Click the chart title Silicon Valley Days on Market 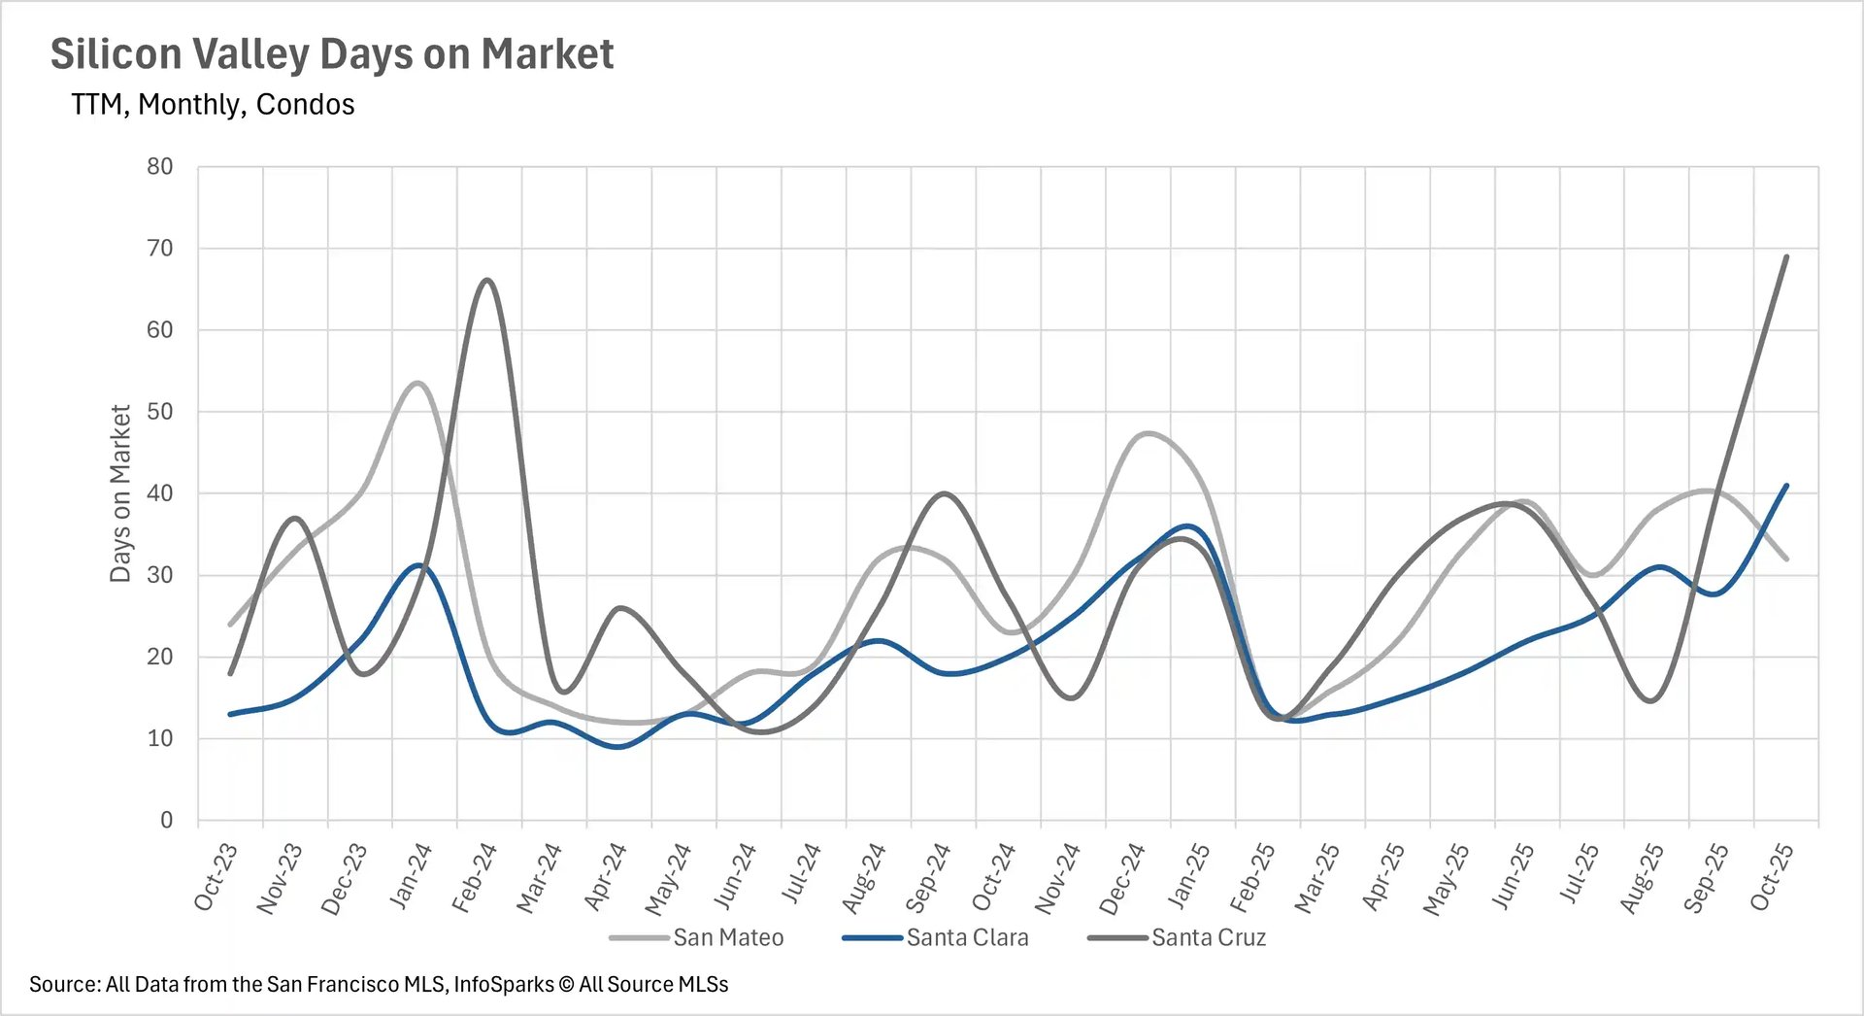pyautogui.click(x=331, y=54)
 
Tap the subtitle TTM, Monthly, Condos pyautogui.click(x=213, y=105)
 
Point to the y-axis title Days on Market pyautogui.click(x=120, y=493)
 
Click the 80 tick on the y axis pyautogui.click(x=160, y=167)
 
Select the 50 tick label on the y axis pyautogui.click(x=160, y=412)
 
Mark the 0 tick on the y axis pyautogui.click(x=166, y=821)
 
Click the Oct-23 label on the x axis pyautogui.click(x=216, y=877)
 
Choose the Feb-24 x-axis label pyautogui.click(x=475, y=877)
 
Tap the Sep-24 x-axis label pyautogui.click(x=928, y=877)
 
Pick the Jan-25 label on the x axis pyautogui.click(x=1188, y=877)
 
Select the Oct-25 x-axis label pyautogui.click(x=1772, y=877)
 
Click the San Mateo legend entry pyautogui.click(x=727, y=938)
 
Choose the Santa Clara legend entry pyautogui.click(x=967, y=938)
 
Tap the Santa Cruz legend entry pyautogui.click(x=1208, y=938)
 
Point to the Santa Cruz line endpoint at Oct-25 pyautogui.click(x=1786, y=256)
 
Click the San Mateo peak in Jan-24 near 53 pyautogui.click(x=417, y=383)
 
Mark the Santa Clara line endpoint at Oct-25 pyautogui.click(x=1786, y=486)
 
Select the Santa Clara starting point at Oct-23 pyautogui.click(x=230, y=714)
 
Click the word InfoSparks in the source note pyautogui.click(x=503, y=985)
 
